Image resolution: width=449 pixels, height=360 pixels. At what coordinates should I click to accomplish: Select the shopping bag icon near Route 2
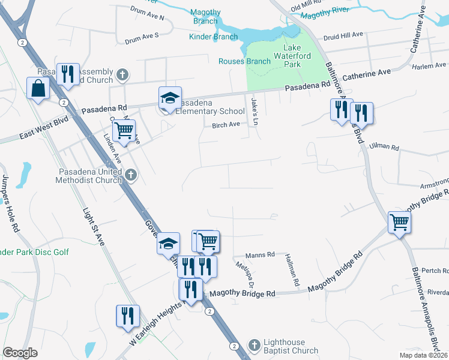pyautogui.click(x=38, y=88)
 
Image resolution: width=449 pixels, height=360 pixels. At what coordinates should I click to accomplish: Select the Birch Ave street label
pyautogui.click(x=226, y=125)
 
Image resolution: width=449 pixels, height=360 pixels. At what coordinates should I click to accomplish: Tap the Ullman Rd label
pyautogui.click(x=385, y=146)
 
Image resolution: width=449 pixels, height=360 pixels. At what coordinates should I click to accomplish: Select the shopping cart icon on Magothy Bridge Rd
pyautogui.click(x=399, y=223)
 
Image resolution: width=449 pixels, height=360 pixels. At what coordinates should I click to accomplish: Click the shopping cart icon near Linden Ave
pyautogui.click(x=124, y=130)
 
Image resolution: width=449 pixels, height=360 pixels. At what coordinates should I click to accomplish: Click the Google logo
pyautogui.click(x=20, y=353)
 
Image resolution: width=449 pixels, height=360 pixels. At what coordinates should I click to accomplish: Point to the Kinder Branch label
pyautogui.click(x=214, y=37)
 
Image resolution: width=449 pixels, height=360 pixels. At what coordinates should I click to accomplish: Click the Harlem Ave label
pyautogui.click(x=433, y=65)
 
